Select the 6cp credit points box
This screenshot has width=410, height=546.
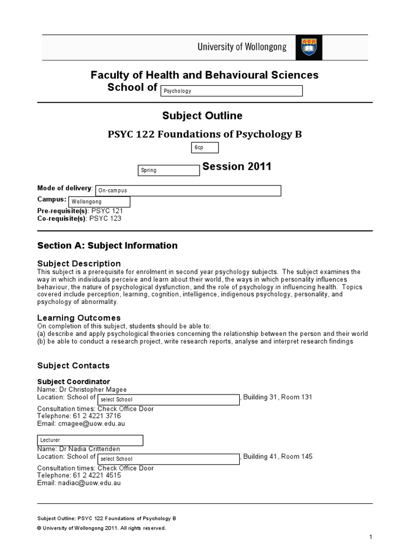pos(205,148)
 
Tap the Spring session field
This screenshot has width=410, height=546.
pos(169,171)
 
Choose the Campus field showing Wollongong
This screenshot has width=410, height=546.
pos(99,202)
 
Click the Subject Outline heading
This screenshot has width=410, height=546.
pos(202,116)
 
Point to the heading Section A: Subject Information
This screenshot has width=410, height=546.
pos(107,246)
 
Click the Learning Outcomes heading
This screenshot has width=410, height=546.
pos(78,318)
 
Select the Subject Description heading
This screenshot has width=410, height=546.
pos(78,263)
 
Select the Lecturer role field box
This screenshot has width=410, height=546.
pos(90,440)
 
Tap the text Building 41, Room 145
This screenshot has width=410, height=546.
pos(278,456)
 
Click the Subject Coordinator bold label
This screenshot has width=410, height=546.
pos(74,382)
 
